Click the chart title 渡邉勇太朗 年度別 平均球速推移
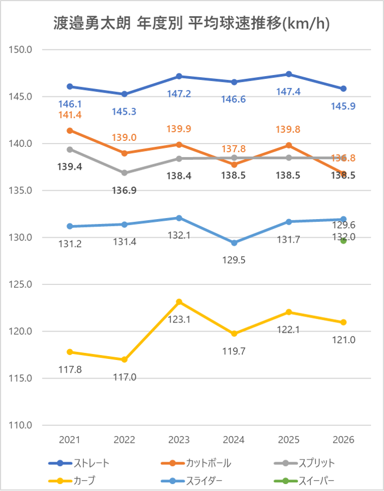click(192, 23)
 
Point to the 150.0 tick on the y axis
click(22, 49)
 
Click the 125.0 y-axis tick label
click(22, 284)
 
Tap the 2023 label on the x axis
click(179, 440)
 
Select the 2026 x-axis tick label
click(344, 440)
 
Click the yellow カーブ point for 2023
click(179, 302)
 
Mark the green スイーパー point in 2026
click(344, 241)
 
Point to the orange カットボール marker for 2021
click(70, 130)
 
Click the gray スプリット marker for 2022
click(125, 173)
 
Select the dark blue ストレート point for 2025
click(289, 74)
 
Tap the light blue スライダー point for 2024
click(234, 243)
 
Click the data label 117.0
click(125, 376)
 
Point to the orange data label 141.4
click(69, 115)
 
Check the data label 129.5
click(234, 260)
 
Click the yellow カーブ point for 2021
click(70, 352)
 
